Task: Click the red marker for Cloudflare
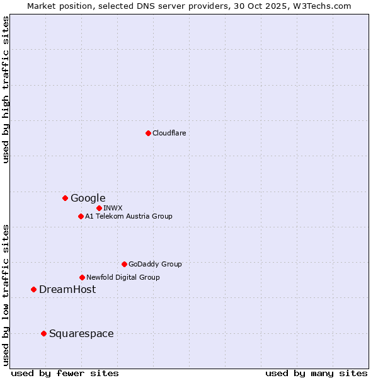point(148,133)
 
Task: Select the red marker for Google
point(65,198)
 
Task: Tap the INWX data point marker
point(99,208)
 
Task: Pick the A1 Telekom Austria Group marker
point(81,216)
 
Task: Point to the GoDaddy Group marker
point(124,264)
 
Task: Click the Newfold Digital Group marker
point(82,277)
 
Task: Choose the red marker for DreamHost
point(33,289)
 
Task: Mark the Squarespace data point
point(43,333)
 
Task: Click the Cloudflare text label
point(169,133)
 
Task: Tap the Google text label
point(88,198)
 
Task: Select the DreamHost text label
point(67,289)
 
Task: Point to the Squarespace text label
point(81,333)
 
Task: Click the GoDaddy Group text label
point(155,264)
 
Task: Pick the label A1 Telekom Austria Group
point(129,216)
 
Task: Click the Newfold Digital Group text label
point(123,277)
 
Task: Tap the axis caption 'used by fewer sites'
point(65,373)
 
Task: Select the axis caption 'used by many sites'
point(316,373)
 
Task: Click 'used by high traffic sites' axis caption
point(6,89)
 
